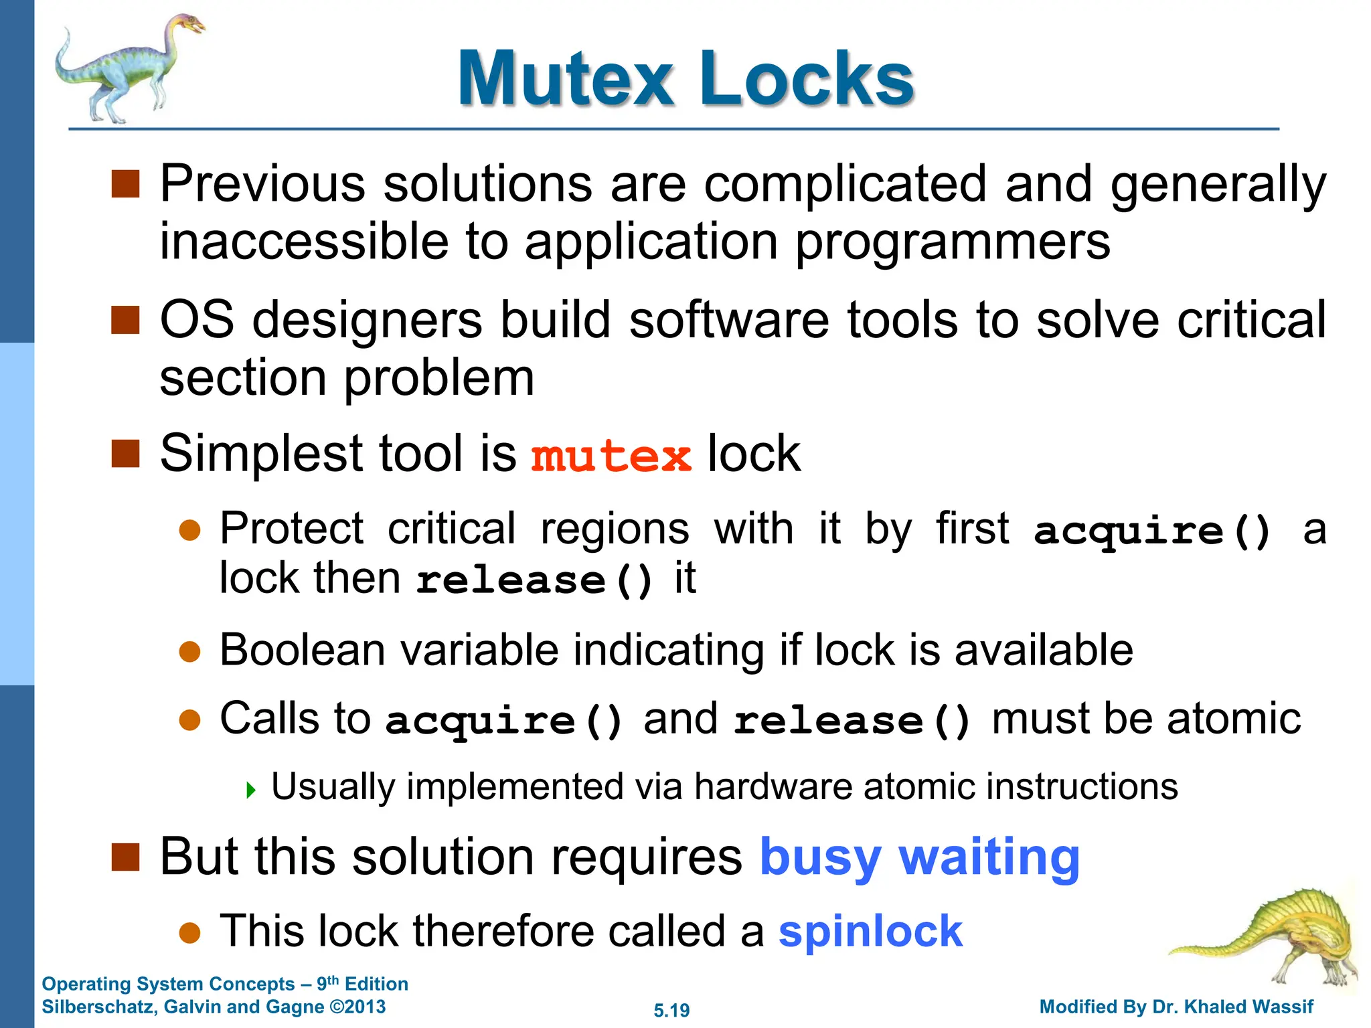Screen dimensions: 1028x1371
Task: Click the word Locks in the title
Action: [806, 79]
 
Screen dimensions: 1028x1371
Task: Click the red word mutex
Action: [611, 456]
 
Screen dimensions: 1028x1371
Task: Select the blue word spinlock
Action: [870, 931]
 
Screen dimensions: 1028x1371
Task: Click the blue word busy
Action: [820, 857]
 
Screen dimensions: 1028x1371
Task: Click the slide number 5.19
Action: [671, 1010]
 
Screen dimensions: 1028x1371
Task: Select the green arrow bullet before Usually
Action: [251, 790]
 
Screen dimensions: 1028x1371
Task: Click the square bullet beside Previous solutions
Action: [125, 184]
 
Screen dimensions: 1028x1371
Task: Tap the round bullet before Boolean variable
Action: [190, 652]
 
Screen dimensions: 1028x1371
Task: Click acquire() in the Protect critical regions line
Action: [1151, 531]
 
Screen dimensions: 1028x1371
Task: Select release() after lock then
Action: [534, 580]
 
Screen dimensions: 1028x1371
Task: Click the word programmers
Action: [953, 243]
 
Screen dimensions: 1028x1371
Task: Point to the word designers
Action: [367, 321]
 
